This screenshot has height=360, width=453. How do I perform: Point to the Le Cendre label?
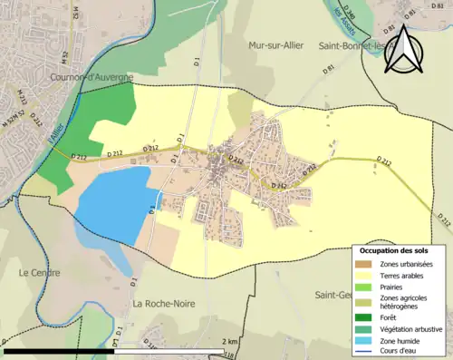(x=38, y=271)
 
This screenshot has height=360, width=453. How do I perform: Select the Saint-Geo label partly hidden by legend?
(x=333, y=294)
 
